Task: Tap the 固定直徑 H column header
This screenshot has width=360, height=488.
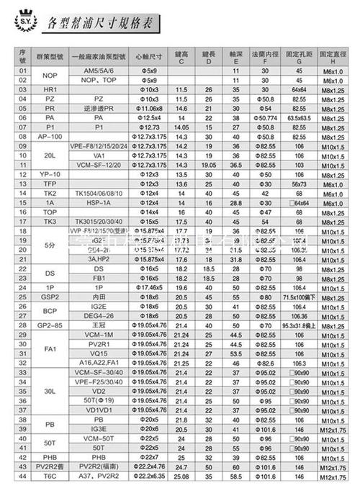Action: click(333, 58)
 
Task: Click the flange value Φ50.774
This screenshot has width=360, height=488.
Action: click(266, 116)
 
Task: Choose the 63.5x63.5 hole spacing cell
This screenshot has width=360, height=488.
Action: click(297, 116)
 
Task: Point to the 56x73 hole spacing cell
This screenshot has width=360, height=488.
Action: click(297, 184)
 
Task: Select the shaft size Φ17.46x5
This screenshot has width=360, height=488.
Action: click(150, 286)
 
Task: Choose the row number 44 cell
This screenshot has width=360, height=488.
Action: click(22, 475)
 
